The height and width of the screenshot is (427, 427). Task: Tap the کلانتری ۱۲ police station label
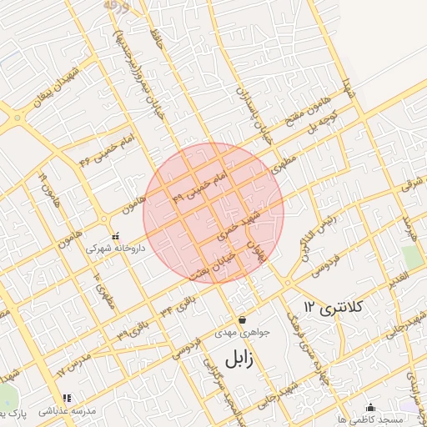[x=334, y=307]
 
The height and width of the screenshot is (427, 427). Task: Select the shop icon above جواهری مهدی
[x=242, y=319]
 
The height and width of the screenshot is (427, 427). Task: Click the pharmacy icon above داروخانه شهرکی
[x=116, y=236]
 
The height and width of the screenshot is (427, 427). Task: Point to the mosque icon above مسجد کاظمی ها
[x=371, y=406]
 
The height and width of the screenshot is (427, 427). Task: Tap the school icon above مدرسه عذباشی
[x=67, y=398]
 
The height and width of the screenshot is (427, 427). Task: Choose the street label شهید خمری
[x=240, y=224]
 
